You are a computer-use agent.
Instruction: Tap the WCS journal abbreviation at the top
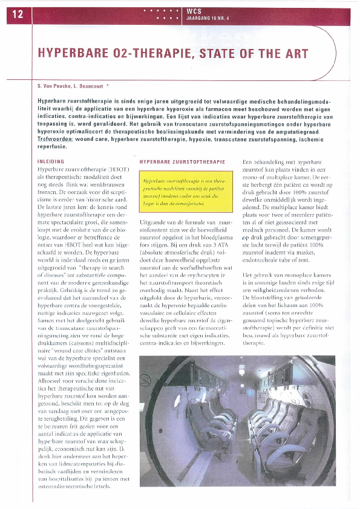(x=194, y=11)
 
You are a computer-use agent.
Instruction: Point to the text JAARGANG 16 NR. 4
(x=209, y=18)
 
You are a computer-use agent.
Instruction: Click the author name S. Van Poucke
(x=58, y=86)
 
